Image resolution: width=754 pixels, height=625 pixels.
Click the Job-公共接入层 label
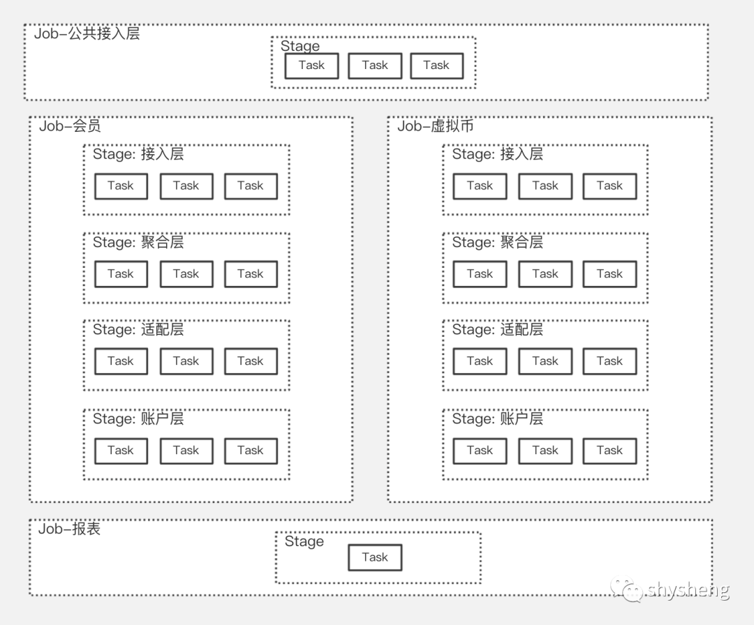pyautogui.click(x=87, y=33)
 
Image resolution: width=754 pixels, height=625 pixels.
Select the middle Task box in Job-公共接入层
pyautogui.click(x=375, y=66)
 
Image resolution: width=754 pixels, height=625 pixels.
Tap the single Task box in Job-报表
pyautogui.click(x=375, y=557)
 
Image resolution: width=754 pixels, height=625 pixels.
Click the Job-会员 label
pyautogui.click(x=70, y=126)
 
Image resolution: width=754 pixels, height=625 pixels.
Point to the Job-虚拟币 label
pyautogui.click(x=436, y=126)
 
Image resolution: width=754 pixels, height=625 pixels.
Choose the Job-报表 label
pyautogui.click(x=69, y=529)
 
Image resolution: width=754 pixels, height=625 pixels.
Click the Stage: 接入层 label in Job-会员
pyautogui.click(x=138, y=154)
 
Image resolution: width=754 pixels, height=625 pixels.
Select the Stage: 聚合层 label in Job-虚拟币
pyautogui.click(x=497, y=243)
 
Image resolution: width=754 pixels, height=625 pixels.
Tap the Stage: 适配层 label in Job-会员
pyautogui.click(x=138, y=330)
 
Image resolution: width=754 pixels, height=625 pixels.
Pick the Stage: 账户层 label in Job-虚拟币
pyautogui.click(x=497, y=419)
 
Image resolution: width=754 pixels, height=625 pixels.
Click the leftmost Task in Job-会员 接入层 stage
pyautogui.click(x=121, y=186)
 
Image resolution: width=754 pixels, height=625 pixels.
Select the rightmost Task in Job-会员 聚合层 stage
pyautogui.click(x=251, y=274)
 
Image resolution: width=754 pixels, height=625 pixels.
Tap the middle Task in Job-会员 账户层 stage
pyautogui.click(x=186, y=451)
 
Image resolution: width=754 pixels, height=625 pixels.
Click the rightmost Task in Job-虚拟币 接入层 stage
pyautogui.click(x=609, y=186)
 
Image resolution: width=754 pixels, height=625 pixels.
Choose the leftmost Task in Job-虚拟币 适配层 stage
pyautogui.click(x=480, y=361)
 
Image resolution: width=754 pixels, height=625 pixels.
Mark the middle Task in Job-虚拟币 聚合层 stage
pyautogui.click(x=545, y=274)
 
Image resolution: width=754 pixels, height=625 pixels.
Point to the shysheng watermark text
pyautogui.click(x=688, y=591)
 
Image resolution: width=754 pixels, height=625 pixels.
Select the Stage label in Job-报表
pyautogui.click(x=304, y=542)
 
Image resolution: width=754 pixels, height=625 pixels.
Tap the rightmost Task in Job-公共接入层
pyautogui.click(x=436, y=66)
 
